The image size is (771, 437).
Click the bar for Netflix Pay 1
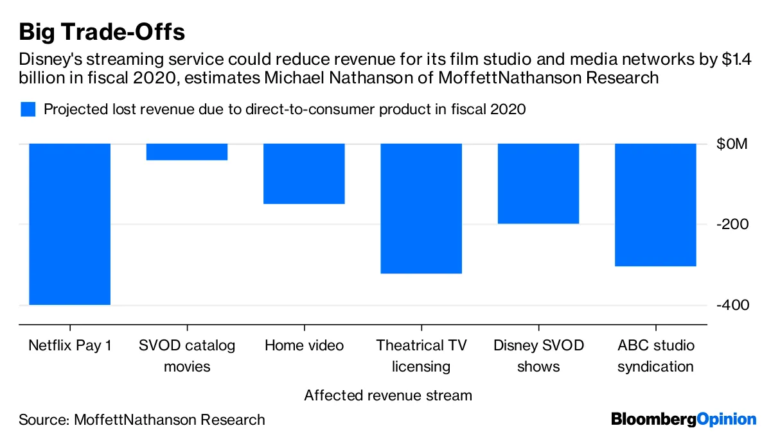[x=70, y=224]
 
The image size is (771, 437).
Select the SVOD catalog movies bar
[x=187, y=152]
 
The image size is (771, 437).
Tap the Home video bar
[x=304, y=174]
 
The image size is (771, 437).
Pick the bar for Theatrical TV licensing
[x=421, y=209]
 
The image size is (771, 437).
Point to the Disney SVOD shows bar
[x=538, y=184]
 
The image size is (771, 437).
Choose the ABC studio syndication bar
[x=655, y=205]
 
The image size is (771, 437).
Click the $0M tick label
[x=732, y=144]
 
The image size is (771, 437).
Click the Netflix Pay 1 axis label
[x=70, y=346]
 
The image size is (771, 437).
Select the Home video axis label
[x=304, y=346]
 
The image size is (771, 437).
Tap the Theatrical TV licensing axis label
[x=421, y=356]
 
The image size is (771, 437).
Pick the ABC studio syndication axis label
[x=655, y=356]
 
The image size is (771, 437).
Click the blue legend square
[x=28, y=109]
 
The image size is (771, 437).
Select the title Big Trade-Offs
[x=103, y=31]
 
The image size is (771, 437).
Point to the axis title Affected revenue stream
[x=388, y=395]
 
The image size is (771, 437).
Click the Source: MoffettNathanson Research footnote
[x=142, y=420]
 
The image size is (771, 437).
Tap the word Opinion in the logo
[x=727, y=420]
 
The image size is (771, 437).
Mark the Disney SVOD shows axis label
[x=538, y=356]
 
